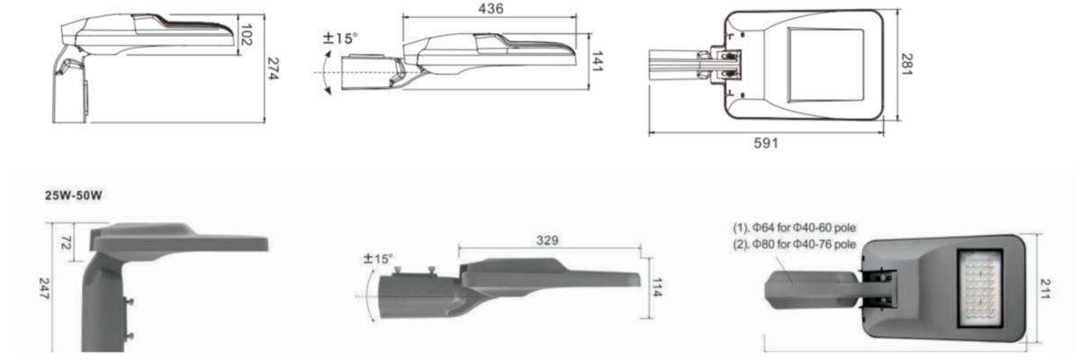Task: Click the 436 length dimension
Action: pyautogui.click(x=490, y=9)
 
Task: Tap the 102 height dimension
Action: pyautogui.click(x=247, y=35)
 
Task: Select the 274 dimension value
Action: pyautogui.click(x=274, y=68)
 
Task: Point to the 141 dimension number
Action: pyautogui.click(x=598, y=61)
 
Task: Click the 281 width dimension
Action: pyautogui.click(x=906, y=64)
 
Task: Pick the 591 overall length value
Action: pyautogui.click(x=766, y=143)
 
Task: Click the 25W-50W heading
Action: pyautogui.click(x=73, y=195)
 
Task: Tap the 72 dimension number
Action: pyautogui.click(x=66, y=243)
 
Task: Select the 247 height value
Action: pyautogui.click(x=44, y=288)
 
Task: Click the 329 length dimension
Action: pyautogui.click(x=547, y=240)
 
